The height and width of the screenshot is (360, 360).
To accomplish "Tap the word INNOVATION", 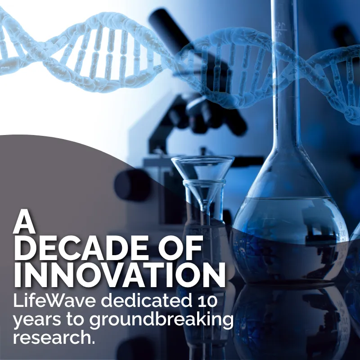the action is click(x=120, y=275).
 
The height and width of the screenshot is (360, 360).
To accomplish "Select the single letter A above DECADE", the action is click(x=24, y=221).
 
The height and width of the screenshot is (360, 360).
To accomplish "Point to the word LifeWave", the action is click(x=54, y=301).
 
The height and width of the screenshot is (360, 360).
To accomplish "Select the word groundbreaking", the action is click(x=161, y=320).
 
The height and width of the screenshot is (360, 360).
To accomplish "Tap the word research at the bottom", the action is click(x=52, y=337).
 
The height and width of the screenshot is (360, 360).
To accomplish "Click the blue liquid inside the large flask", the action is click(x=289, y=239).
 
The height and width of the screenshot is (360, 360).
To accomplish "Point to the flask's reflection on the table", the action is click(x=292, y=321).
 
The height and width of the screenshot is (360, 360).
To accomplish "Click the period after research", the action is click(x=93, y=342).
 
